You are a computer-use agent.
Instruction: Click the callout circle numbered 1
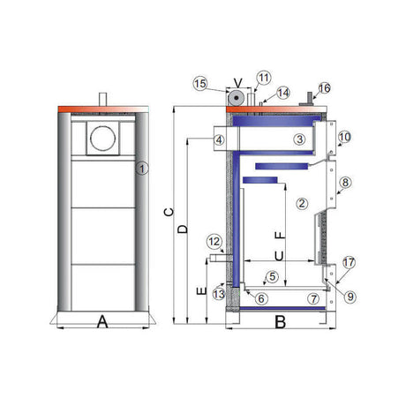(x=142, y=169)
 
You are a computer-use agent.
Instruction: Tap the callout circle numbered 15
(x=200, y=84)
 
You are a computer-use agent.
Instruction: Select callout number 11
(x=263, y=78)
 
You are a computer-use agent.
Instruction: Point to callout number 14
(x=283, y=93)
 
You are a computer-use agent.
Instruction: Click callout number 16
(x=324, y=88)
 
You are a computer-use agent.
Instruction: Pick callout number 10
(x=344, y=137)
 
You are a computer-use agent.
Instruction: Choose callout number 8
(x=345, y=183)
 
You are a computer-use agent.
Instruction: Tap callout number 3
(x=300, y=139)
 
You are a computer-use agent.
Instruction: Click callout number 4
(x=219, y=140)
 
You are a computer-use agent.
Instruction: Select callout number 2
(x=302, y=203)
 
